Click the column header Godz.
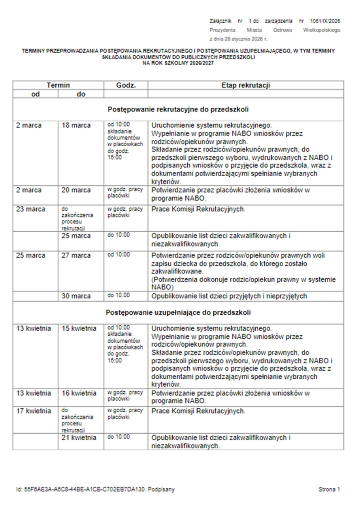point(126,85)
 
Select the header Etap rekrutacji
point(245,85)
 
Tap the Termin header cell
point(58,85)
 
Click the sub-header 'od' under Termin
point(36,94)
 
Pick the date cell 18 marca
point(76,125)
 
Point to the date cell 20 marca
point(76,190)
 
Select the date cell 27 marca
point(76,255)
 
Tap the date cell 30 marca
point(76,296)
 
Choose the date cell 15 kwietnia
point(79,329)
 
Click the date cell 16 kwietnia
point(79,393)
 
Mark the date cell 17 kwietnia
point(34,411)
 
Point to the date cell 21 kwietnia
point(79,438)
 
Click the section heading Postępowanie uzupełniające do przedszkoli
point(178,313)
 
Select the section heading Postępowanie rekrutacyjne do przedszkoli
point(178,109)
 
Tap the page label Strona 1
point(329,489)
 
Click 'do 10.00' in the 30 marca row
point(119,296)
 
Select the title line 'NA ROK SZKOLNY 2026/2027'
point(178,62)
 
